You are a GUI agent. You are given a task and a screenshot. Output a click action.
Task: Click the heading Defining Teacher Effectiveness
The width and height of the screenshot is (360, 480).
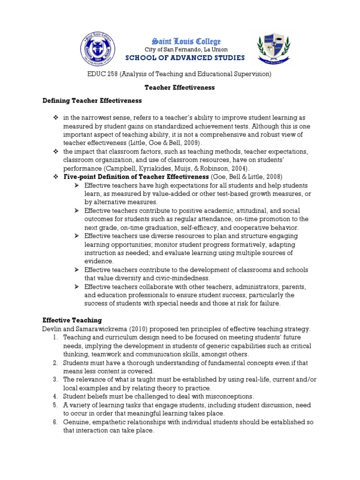coord(92,100)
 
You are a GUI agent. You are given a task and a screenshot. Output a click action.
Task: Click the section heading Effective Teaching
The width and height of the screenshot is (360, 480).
coord(72,320)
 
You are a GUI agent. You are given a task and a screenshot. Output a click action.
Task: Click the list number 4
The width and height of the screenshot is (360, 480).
coord(55,396)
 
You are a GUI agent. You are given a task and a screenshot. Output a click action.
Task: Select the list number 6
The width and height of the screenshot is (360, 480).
coord(55,422)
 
